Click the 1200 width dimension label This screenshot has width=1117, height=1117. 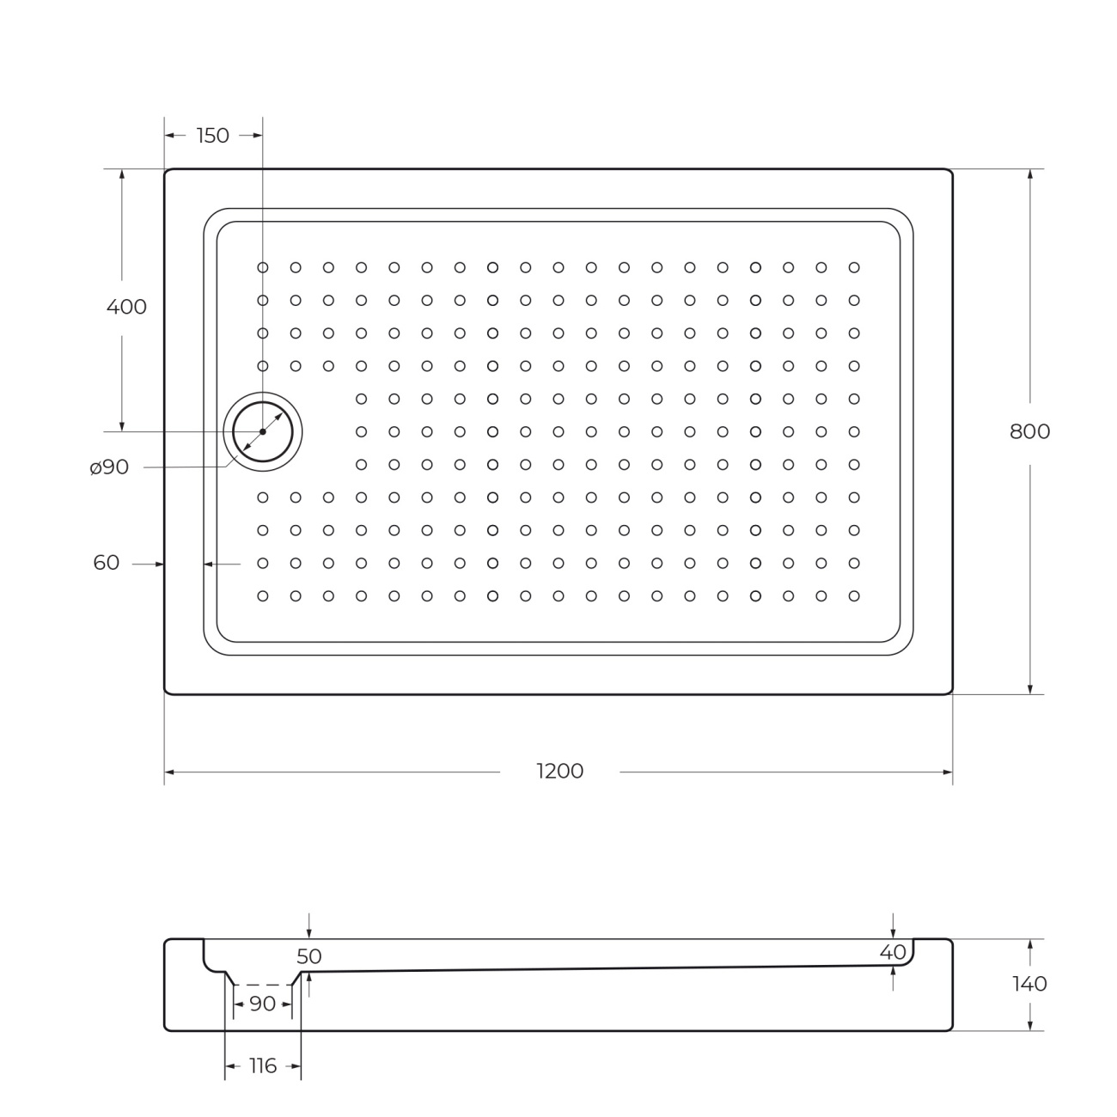pyautogui.click(x=559, y=771)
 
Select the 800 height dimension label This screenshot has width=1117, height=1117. pyautogui.click(x=1029, y=431)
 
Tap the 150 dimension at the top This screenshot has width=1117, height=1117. pyautogui.click(x=213, y=136)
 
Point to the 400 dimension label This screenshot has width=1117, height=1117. pyautogui.click(x=126, y=307)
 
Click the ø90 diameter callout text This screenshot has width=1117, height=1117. pyautogui.click(x=109, y=467)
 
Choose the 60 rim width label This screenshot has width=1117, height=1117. pyautogui.click(x=106, y=562)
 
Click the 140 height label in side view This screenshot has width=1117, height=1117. pyautogui.click(x=1029, y=984)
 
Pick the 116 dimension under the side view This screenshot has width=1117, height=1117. pyautogui.click(x=263, y=1065)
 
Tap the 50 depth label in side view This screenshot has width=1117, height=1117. pyautogui.click(x=309, y=956)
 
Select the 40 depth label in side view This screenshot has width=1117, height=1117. pyautogui.click(x=893, y=952)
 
